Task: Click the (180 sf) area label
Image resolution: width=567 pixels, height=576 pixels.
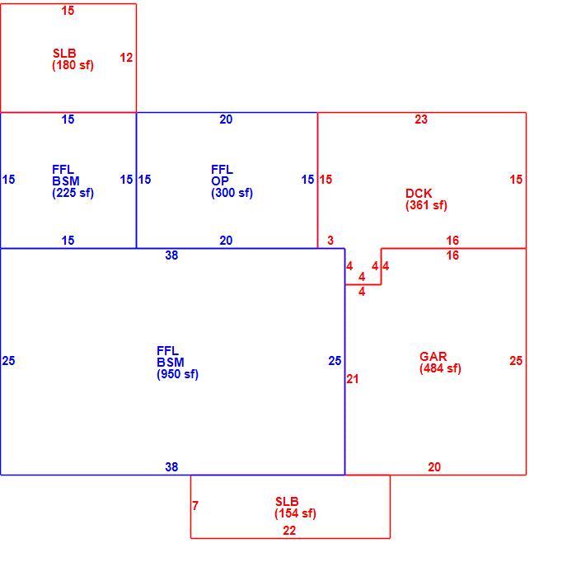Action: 73,65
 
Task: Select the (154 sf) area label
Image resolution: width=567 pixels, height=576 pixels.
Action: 295,513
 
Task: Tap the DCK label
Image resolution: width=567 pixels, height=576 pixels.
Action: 419,193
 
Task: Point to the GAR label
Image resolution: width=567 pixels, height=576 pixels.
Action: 433,356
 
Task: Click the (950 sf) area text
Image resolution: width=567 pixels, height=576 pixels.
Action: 177,374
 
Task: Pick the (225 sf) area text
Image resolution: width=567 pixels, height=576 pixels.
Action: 73,193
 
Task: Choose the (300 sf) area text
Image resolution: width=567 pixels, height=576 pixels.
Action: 232,193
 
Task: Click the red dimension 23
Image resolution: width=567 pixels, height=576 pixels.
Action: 421,119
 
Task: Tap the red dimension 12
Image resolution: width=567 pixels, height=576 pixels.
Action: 126,58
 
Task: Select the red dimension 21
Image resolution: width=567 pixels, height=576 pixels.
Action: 353,379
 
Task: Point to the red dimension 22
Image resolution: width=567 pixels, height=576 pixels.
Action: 289,531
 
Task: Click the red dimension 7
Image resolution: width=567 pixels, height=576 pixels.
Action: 195,506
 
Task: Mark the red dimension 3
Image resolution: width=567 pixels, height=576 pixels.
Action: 330,241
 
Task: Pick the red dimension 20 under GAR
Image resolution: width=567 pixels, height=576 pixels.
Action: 434,467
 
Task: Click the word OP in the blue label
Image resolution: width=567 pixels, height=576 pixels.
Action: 220,181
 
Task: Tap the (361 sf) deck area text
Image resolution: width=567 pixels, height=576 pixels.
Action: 426,205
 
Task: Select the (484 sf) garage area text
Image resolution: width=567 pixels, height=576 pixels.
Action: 440,368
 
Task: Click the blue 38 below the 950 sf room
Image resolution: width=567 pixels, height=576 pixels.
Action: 171,467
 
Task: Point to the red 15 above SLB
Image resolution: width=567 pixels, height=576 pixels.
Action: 68,11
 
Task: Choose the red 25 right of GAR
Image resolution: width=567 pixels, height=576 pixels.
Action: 516,361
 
